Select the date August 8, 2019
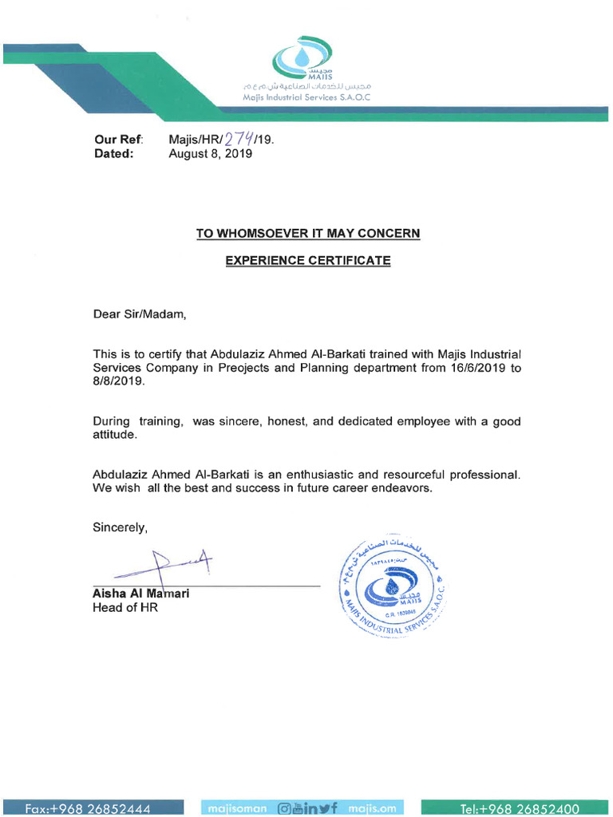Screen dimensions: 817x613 [210, 154]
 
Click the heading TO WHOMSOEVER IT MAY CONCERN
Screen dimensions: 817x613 [308, 234]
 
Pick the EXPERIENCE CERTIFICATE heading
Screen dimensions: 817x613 [307, 261]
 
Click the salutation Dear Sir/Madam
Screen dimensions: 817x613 [140, 314]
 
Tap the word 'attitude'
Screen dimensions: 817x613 [115, 435]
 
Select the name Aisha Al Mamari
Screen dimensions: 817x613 [141, 594]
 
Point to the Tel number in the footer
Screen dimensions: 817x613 [518, 809]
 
